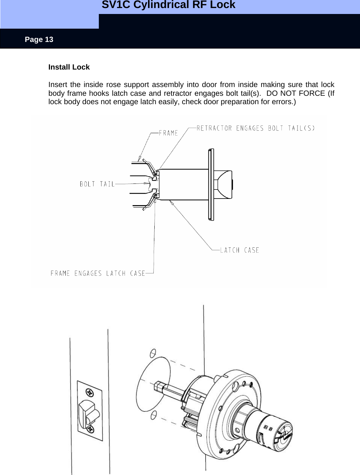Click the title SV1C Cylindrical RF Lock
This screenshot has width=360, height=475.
click(x=168, y=5)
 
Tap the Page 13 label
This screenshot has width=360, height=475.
click(x=39, y=39)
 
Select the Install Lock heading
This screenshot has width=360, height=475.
click(x=69, y=67)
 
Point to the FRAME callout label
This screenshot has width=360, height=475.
click(x=168, y=133)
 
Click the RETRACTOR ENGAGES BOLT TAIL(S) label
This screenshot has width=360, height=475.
click(x=256, y=128)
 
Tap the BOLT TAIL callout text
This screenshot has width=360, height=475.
click(x=97, y=184)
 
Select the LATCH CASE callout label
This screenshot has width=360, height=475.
click(x=240, y=250)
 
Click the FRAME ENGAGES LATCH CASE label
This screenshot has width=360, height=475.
click(x=98, y=273)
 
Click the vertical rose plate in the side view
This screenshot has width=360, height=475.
click(x=211, y=185)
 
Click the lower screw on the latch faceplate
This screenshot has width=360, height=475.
click(x=90, y=429)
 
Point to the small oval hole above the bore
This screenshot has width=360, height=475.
click(x=152, y=353)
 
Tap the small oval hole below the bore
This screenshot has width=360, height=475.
click(x=153, y=415)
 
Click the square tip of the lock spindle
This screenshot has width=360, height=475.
click(x=157, y=386)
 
